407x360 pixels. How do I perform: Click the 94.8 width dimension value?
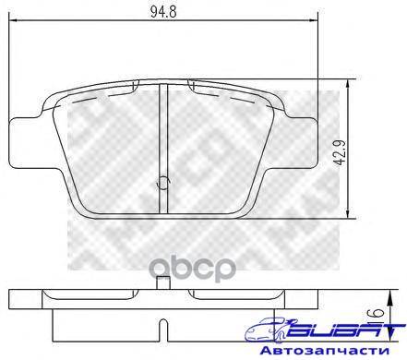pos(163,12)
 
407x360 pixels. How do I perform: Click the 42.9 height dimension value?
pos(341,153)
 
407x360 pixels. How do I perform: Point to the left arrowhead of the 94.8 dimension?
pos(14,20)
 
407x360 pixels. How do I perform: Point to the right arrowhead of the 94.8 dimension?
pos(313,20)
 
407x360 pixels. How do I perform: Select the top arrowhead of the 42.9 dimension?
pos(347,84)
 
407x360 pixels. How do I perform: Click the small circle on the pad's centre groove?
pos(162,183)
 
